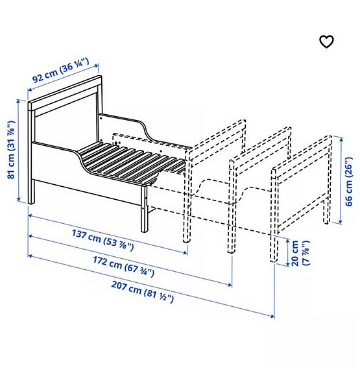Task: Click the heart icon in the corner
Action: tap(326, 42)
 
